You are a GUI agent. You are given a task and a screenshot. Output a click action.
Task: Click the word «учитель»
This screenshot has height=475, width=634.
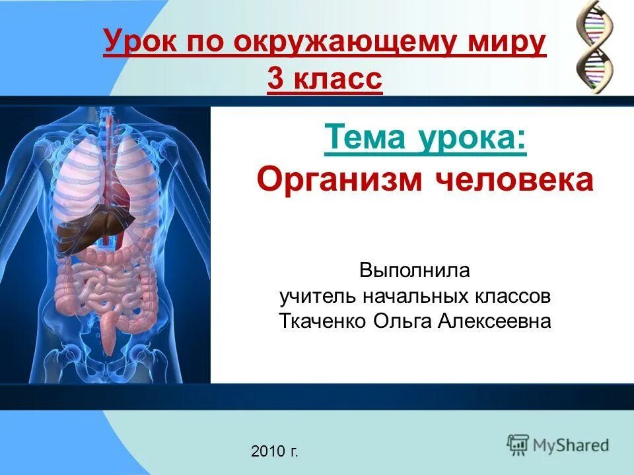tap(319, 296)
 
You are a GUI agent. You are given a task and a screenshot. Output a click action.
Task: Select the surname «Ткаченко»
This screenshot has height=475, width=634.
tap(323, 321)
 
